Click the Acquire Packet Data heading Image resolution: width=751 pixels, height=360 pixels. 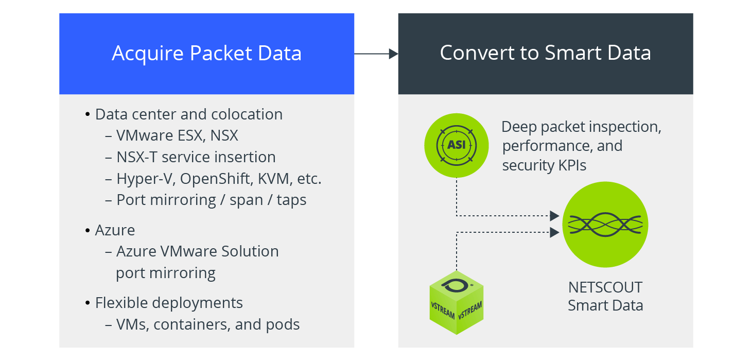(x=206, y=54)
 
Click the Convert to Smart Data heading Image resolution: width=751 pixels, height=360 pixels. (x=545, y=53)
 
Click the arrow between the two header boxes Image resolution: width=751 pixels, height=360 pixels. (x=376, y=54)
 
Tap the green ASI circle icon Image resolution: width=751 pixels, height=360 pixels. (x=456, y=145)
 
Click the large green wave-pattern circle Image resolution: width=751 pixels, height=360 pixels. (x=605, y=225)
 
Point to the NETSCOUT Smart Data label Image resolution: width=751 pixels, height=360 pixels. (x=605, y=296)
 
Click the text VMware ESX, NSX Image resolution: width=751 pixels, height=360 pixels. (x=177, y=135)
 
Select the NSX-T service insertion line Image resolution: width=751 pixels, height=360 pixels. (x=196, y=157)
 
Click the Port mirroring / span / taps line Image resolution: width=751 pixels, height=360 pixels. (x=211, y=199)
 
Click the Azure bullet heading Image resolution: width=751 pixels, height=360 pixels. (x=115, y=230)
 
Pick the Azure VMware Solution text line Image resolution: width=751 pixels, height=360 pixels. (x=197, y=251)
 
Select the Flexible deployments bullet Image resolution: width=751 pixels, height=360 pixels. (x=168, y=302)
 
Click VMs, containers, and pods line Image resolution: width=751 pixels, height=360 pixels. (x=207, y=324)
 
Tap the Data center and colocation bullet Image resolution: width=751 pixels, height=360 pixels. (x=188, y=114)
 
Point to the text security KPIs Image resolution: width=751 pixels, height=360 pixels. (x=544, y=165)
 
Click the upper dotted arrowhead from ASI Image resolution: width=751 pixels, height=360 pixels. (x=554, y=215)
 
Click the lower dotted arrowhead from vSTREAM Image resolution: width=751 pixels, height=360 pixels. (x=554, y=232)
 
